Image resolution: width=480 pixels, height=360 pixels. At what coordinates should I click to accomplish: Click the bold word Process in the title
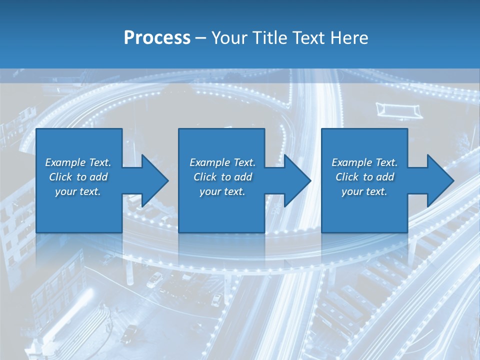(157, 38)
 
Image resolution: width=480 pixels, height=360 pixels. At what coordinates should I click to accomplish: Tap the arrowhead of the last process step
(439, 180)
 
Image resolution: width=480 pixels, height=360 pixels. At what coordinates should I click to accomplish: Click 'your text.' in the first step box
(78, 191)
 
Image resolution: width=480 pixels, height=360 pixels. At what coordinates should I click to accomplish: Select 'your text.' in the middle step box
(222, 191)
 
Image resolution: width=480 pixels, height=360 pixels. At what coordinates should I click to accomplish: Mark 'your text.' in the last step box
(364, 191)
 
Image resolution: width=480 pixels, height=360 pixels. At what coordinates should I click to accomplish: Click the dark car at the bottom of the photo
(129, 332)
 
